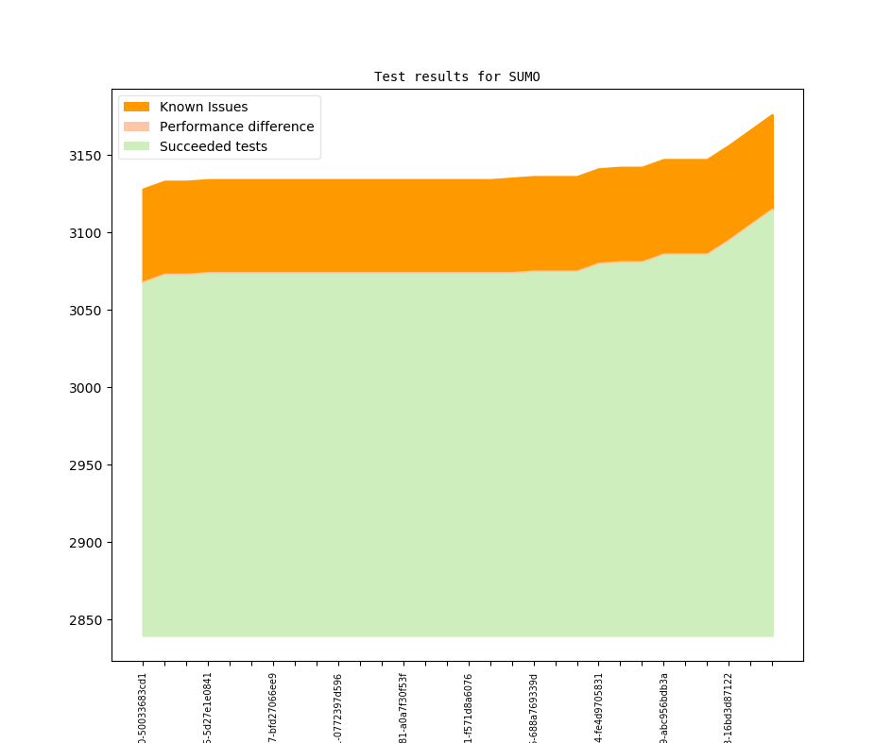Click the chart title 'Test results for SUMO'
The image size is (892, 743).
[456, 76]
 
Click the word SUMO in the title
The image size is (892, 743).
[524, 76]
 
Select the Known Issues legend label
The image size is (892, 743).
[203, 107]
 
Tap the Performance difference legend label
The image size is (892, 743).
[236, 127]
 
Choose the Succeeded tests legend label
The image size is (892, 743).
[213, 146]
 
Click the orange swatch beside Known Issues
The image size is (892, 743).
[136, 107]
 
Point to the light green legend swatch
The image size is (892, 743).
[136, 146]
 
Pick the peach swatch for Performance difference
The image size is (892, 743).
[136, 127]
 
